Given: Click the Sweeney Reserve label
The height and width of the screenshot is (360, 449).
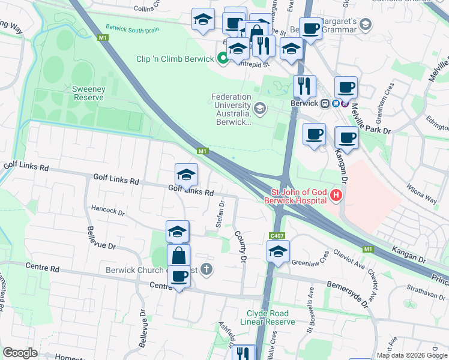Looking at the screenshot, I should point(89,94).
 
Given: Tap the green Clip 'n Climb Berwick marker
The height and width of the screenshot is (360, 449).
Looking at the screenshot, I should point(223,58).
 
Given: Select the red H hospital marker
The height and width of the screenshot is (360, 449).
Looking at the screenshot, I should point(336,195).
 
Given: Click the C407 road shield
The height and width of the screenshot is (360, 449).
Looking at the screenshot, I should point(277,236).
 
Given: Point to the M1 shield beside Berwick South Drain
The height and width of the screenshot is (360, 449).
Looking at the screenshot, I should point(104,38).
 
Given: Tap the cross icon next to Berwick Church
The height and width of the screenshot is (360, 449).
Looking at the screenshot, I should point(206,269).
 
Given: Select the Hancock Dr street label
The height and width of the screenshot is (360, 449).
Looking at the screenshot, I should point(107,211).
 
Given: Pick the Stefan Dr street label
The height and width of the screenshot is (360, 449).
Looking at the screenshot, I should point(220,214).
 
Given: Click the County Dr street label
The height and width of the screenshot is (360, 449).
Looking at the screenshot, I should point(241,247).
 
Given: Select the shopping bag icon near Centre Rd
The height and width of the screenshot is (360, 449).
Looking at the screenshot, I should point(179,256).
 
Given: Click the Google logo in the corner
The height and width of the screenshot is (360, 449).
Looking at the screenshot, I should point(20,353).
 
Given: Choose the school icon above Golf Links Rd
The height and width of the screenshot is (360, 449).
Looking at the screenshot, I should point(186,175).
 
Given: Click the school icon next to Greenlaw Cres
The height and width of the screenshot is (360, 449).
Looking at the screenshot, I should point(278,252).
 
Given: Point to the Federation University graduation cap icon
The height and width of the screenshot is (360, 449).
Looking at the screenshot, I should point(259,108).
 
